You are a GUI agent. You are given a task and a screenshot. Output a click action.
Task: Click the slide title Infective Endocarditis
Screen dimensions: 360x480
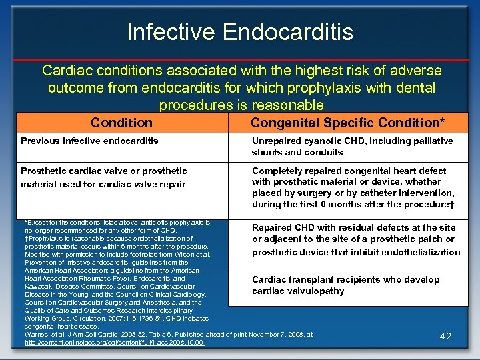click(240, 31)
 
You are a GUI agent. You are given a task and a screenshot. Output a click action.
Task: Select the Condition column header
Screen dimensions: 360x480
click(121, 123)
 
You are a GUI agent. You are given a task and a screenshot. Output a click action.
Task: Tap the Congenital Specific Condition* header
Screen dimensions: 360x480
click(347, 123)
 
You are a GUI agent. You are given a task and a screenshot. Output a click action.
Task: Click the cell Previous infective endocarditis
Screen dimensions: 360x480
click(90, 141)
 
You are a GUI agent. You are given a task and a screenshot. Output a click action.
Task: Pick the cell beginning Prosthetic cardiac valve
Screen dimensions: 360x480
click(104, 177)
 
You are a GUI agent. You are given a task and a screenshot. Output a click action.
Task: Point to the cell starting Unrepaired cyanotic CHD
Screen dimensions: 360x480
click(352, 146)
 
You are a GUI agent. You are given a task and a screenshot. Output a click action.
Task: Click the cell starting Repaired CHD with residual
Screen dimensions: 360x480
click(355, 239)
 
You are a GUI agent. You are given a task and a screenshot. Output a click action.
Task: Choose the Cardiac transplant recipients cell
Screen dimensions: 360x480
click(345, 285)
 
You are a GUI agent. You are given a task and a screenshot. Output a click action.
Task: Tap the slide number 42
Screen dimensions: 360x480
click(446, 337)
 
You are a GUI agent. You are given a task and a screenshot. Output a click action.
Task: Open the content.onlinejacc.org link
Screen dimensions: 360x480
click(115, 343)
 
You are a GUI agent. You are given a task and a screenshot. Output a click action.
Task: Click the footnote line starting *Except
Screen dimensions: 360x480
click(117, 222)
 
